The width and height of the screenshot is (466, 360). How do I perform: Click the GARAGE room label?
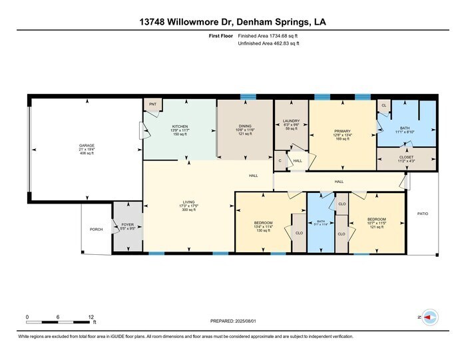pos(85,144)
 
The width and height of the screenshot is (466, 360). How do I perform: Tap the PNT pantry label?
pos(152,104)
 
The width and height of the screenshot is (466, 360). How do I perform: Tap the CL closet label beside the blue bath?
pos(383,105)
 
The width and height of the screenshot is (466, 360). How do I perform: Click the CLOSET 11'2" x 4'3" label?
pos(406,157)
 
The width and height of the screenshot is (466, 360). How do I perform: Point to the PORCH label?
pos(96,230)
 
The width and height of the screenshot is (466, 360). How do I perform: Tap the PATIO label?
pos(423,214)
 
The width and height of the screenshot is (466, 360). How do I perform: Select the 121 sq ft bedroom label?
pos(376,222)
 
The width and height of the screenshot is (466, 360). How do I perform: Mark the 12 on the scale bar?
pos(91,317)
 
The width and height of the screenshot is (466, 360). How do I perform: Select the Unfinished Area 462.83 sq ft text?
pos(268,44)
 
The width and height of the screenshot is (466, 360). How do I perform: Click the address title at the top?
pos(233,22)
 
